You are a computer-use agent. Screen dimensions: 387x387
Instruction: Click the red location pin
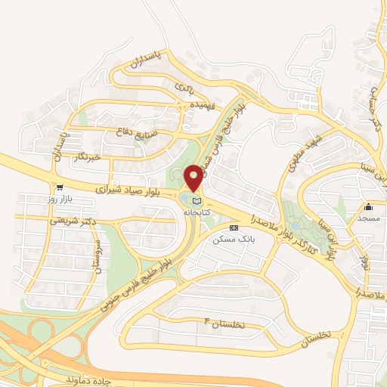click(194, 178)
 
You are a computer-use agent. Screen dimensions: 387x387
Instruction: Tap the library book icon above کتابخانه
click(197, 202)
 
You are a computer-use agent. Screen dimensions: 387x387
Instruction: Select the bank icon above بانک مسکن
click(232, 227)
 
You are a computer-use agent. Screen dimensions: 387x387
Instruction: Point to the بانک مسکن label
click(232, 239)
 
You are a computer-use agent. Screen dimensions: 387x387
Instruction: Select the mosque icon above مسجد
click(370, 206)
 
